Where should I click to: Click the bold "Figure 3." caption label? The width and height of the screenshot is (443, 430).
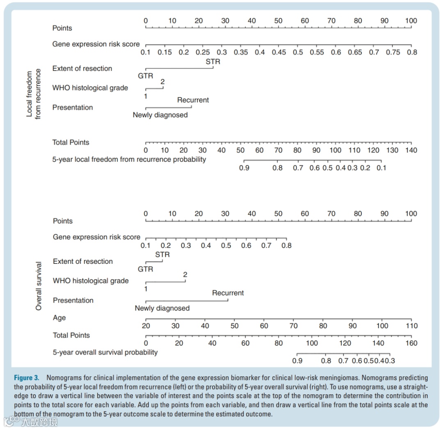tap(27, 378)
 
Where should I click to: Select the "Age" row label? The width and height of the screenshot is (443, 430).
tap(59, 318)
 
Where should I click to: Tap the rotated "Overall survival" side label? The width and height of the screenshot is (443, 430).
tap(39, 286)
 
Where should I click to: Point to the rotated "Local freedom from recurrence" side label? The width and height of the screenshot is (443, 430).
tap(34, 94)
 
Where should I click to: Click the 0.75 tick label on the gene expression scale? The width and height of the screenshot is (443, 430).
tap(393, 53)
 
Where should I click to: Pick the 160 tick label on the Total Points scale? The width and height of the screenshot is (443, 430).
tap(411, 343)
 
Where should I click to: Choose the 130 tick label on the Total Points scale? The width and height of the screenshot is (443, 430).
tap(392, 151)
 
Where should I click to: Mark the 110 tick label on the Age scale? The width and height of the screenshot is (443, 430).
tap(411, 326)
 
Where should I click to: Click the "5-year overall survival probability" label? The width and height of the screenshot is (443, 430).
tap(105, 352)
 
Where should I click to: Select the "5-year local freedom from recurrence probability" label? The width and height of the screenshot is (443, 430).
tap(129, 159)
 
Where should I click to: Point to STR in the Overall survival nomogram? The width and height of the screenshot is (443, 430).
tap(162, 255)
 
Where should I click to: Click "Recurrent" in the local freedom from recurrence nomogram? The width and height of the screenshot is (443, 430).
tap(193, 100)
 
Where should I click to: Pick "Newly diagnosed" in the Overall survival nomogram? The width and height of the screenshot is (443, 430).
tap(162, 309)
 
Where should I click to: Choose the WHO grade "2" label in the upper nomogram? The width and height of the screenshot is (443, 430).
tap(162, 81)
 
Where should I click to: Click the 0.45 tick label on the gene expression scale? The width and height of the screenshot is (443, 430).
tap(279, 53)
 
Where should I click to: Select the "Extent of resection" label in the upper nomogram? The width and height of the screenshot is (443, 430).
tap(82, 69)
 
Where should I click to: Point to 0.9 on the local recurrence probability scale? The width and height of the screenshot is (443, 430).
tap(244, 168)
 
